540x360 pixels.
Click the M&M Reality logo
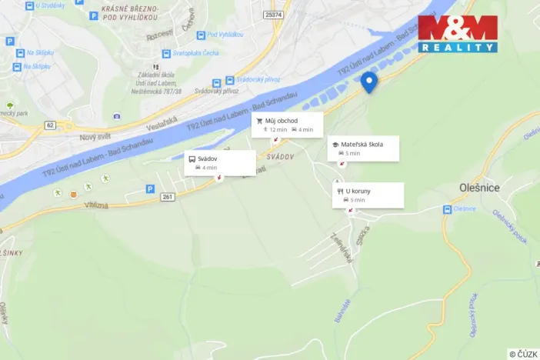(x=458, y=33)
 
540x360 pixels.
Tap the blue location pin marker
(x=369, y=82)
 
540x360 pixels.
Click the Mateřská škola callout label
(x=364, y=144)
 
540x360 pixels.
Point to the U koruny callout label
(x=358, y=191)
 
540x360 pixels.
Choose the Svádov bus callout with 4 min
(x=208, y=158)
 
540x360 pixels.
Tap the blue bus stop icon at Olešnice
(x=447, y=208)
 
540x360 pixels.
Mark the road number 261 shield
(x=168, y=197)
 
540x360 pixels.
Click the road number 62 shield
(x=51, y=124)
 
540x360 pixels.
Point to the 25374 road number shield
(x=272, y=14)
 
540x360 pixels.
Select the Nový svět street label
(x=95, y=137)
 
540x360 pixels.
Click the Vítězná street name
(x=95, y=205)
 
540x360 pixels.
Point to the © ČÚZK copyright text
(x=522, y=353)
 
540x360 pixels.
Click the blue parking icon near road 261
(x=150, y=188)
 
